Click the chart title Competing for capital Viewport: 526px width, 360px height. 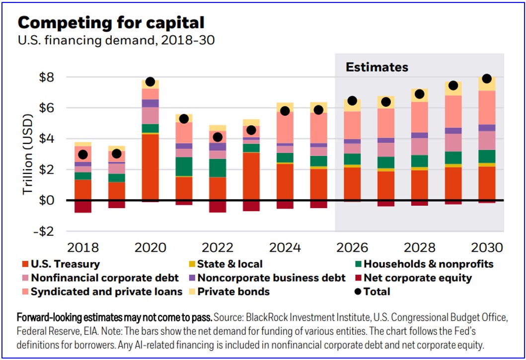pyautogui.click(x=111, y=23)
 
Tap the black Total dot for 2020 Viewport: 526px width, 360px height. pyautogui.click(x=150, y=81)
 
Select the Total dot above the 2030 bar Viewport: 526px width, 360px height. pyautogui.click(x=487, y=78)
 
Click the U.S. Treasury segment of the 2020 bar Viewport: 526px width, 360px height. pyautogui.click(x=150, y=167)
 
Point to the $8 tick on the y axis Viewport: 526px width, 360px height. pyautogui.click(x=46, y=77)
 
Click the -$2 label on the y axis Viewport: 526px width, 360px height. pyautogui.click(x=43, y=231)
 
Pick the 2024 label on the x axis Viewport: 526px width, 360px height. pyautogui.click(x=285, y=248)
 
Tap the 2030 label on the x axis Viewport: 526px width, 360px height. pyautogui.click(x=487, y=248)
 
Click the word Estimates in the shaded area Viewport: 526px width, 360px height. pyautogui.click(x=377, y=67)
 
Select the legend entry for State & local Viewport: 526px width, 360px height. pyautogui.click(x=226, y=264)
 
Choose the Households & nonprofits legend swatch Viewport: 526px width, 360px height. pyautogui.click(x=358, y=264)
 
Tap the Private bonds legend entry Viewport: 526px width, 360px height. pyautogui.click(x=229, y=291)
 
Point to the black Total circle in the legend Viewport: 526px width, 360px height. pyautogui.click(x=358, y=291)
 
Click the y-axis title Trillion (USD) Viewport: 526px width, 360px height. pyautogui.click(x=27, y=154)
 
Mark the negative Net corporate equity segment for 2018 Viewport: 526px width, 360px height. pyautogui.click(x=83, y=207)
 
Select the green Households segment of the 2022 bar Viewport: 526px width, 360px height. pyautogui.click(x=218, y=168)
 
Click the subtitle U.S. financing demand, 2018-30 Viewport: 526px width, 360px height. pyautogui.click(x=116, y=40)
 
